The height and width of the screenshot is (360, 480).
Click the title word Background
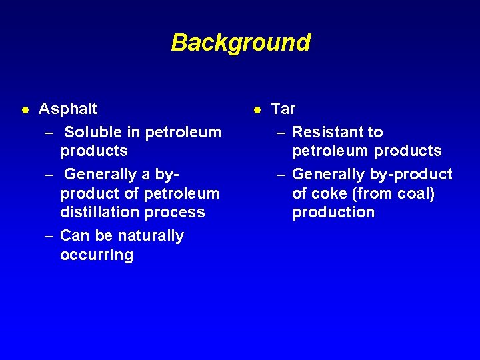tap(241, 43)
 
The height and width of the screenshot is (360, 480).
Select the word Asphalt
tap(68, 109)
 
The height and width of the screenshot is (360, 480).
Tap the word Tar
tap(283, 109)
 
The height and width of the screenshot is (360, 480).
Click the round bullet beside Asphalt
tap(24, 109)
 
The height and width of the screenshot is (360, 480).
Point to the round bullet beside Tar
tap(256, 109)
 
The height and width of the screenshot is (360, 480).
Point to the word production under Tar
tap(333, 213)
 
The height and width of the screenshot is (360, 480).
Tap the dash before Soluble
tap(49, 133)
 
